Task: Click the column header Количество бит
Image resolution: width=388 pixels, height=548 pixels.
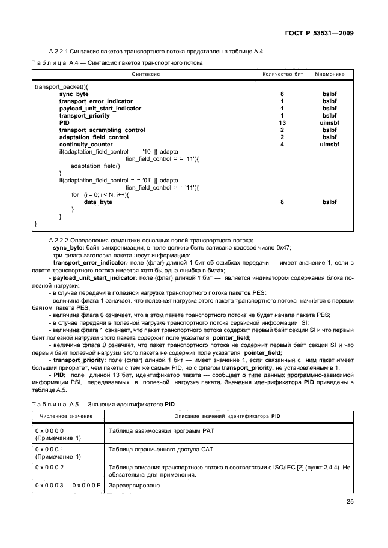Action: pos(282,74)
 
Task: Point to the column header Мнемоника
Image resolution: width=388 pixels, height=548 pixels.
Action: pos(330,74)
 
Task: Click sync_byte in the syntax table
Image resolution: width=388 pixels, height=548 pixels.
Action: pos(74,94)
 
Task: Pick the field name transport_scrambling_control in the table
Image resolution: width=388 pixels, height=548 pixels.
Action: pos(102,130)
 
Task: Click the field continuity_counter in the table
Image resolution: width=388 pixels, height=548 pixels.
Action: pos(86,144)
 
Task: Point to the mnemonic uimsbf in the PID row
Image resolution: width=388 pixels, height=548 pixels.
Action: pos(330,122)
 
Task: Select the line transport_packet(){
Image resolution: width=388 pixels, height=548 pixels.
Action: pos(61,87)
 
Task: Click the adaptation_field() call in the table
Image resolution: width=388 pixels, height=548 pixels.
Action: pos(95,166)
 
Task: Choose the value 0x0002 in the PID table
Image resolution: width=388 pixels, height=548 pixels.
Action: pos(50,466)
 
